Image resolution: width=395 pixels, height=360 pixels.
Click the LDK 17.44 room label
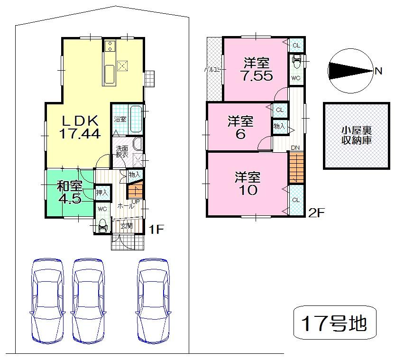[79, 127]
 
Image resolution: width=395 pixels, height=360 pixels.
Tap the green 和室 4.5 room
[69, 192]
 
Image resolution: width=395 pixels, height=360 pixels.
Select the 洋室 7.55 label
[256, 70]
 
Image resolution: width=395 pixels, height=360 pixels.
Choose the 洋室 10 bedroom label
[248, 184]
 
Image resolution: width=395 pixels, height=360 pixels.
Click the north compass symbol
[350, 71]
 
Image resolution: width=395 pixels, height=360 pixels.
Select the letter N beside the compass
[378, 71]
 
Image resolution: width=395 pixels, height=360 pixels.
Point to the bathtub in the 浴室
[135, 119]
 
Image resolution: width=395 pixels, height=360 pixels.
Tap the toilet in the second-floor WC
[296, 62]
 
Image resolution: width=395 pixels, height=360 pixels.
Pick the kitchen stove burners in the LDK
[110, 46]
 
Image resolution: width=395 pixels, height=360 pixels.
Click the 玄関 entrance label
[127, 225]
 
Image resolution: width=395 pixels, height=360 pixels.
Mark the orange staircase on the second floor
[296, 167]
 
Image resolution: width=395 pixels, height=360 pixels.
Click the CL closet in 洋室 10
[295, 201]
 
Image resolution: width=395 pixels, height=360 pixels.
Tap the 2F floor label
[316, 212]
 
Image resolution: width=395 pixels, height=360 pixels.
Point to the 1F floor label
[156, 230]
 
